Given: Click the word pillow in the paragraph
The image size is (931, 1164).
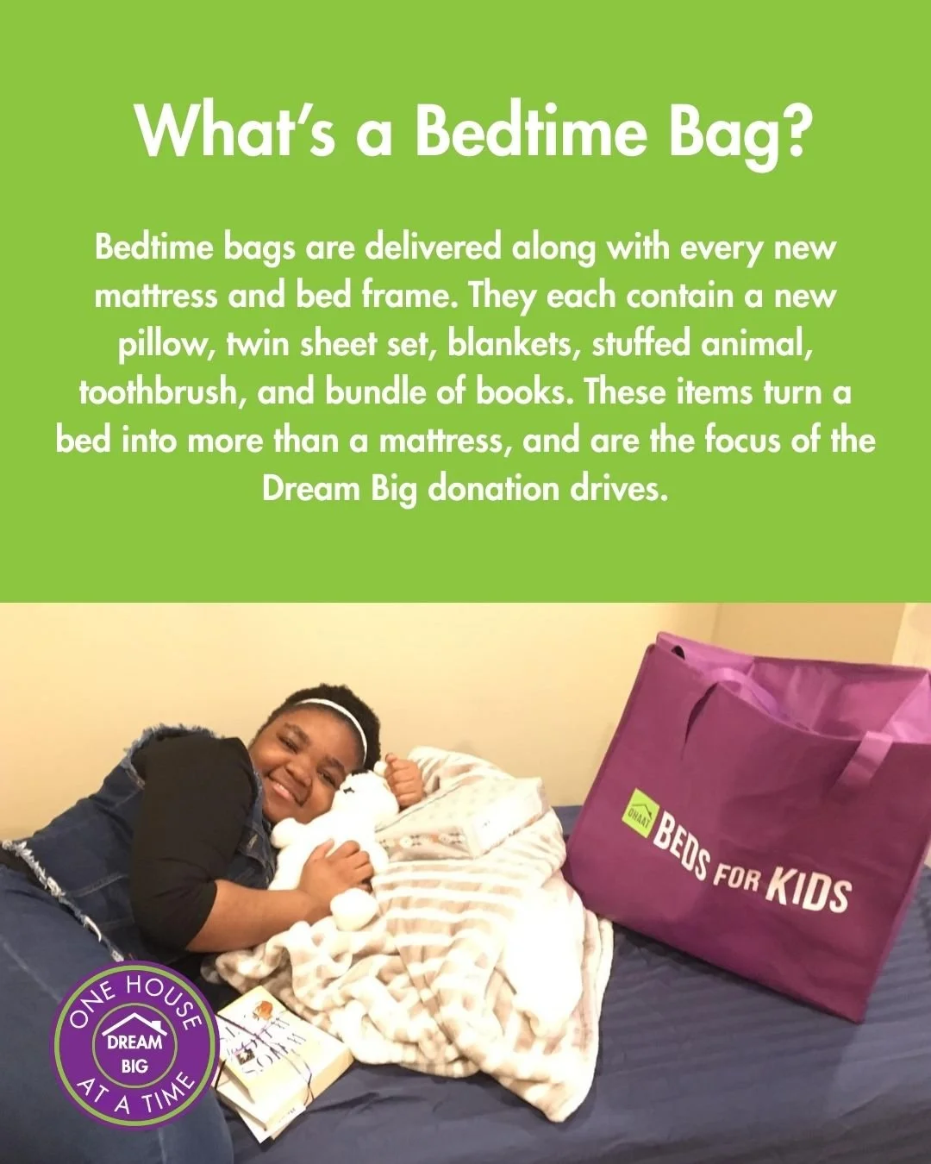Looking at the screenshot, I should coord(167,345).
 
